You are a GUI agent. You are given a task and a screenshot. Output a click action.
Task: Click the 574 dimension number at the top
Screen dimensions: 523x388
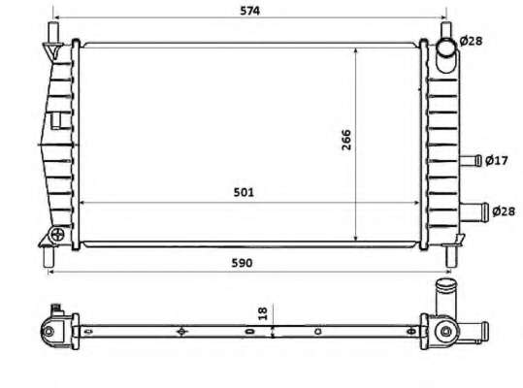(249, 11)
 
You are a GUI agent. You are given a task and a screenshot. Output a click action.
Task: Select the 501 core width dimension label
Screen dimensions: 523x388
(244, 193)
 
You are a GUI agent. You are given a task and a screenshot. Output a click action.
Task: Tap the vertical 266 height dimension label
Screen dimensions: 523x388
(346, 140)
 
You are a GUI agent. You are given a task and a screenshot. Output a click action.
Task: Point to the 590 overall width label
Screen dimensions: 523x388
(242, 263)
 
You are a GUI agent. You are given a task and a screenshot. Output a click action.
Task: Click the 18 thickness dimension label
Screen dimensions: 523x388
(263, 313)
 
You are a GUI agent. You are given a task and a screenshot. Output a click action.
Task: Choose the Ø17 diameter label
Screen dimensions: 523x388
(497, 161)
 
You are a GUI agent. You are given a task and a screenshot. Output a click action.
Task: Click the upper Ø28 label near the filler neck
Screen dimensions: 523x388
(471, 41)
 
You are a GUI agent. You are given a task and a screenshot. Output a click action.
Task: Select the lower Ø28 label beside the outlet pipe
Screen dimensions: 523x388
(504, 211)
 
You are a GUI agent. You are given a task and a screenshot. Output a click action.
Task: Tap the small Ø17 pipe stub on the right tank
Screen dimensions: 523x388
(471, 161)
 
